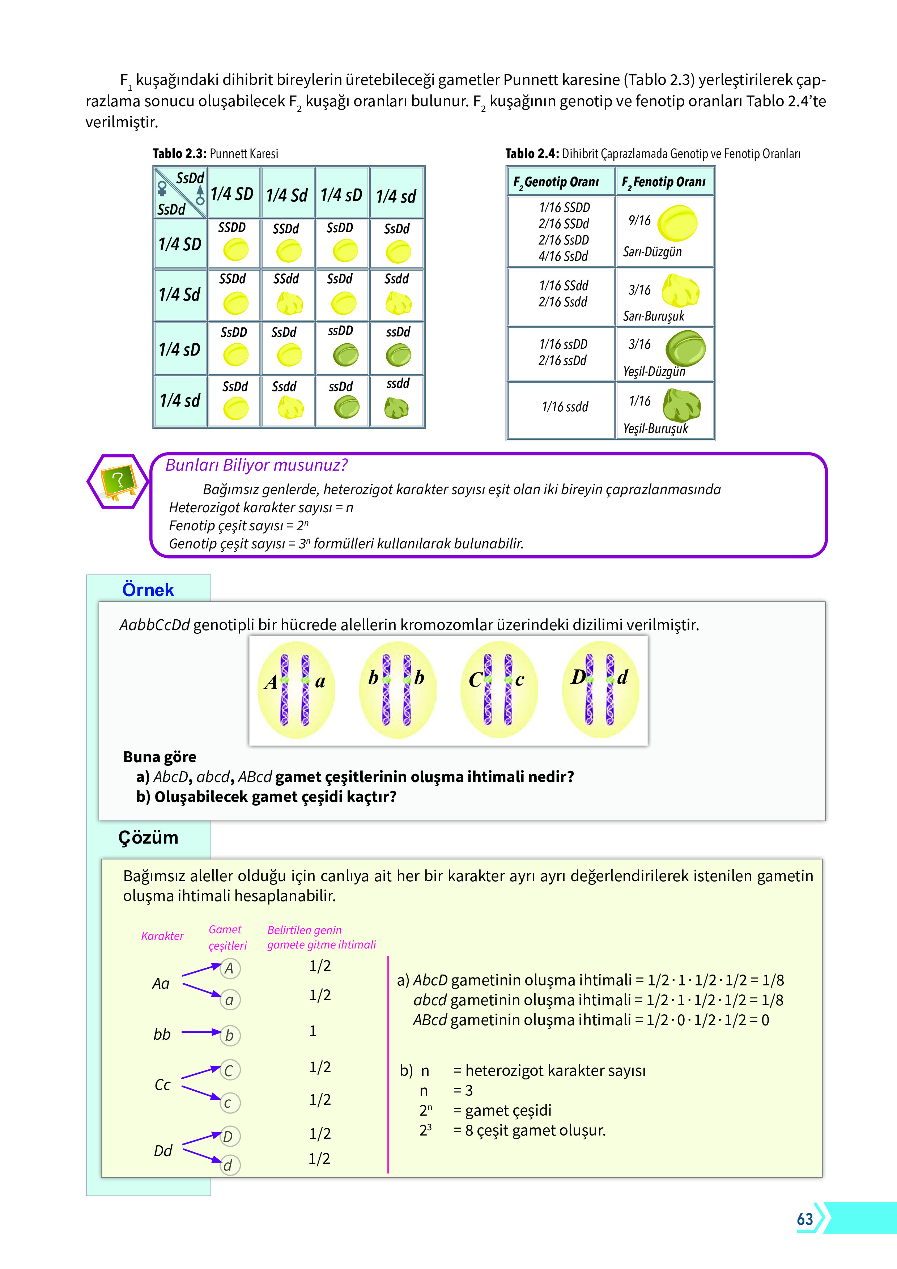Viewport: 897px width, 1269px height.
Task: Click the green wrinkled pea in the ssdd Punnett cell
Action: [x=396, y=408]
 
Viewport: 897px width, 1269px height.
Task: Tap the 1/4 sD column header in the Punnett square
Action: [x=341, y=195]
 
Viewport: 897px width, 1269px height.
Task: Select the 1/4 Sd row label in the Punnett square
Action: [x=180, y=294]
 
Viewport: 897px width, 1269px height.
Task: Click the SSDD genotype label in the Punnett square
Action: [x=231, y=228]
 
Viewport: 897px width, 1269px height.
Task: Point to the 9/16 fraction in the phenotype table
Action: [x=639, y=221]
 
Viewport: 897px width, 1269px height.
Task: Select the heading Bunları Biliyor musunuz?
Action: [x=256, y=465]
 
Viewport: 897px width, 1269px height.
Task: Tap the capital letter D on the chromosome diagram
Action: [x=578, y=676]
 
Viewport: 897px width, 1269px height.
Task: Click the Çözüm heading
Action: [x=148, y=838]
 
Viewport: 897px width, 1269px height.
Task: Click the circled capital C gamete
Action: [x=229, y=1070]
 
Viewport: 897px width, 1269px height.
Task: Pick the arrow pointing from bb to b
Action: [x=201, y=1032]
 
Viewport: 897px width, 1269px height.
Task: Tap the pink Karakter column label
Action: [x=162, y=936]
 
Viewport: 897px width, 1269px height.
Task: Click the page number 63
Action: [x=805, y=1219]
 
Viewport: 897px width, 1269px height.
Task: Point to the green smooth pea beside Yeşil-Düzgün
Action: [x=685, y=348]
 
